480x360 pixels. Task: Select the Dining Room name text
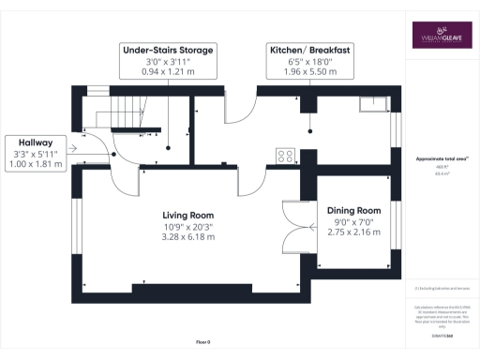[x=353, y=210]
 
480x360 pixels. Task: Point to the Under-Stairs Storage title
[x=169, y=49]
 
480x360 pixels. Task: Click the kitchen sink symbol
[x=377, y=103]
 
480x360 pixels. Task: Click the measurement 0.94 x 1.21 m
[x=169, y=72]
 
